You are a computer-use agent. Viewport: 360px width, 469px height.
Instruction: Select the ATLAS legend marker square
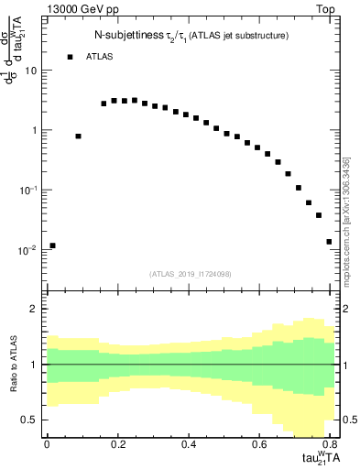tap(71, 57)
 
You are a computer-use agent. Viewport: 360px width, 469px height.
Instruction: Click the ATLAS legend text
tap(102, 57)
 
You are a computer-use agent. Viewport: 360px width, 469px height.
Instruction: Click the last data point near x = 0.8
tap(329, 242)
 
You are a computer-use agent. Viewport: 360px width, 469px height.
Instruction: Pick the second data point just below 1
tap(79, 136)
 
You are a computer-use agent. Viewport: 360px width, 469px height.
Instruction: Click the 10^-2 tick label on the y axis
tap(27, 250)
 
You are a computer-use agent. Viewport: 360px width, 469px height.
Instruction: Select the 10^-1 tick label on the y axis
tap(27, 190)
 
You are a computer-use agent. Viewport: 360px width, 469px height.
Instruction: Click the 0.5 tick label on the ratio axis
tap(29, 420)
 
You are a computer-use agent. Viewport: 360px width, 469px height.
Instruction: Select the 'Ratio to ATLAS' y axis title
tap(12, 364)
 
